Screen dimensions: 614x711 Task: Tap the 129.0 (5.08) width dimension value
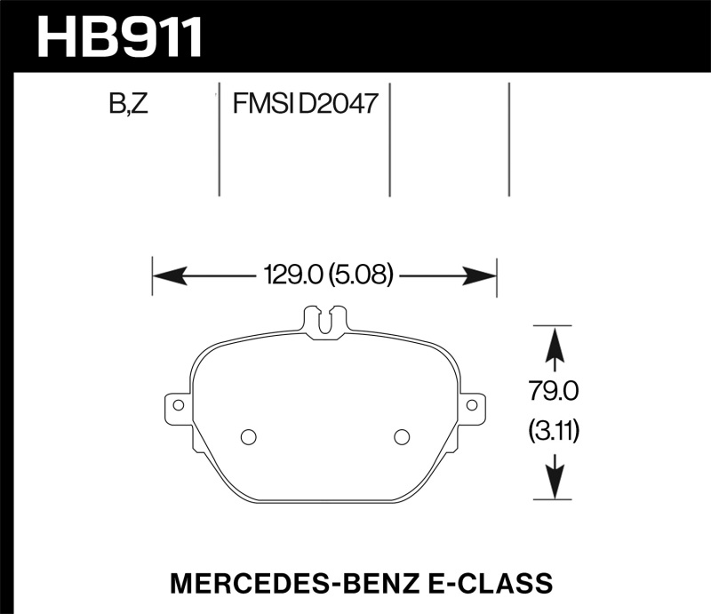(324, 275)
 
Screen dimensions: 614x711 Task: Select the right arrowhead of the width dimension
(480, 275)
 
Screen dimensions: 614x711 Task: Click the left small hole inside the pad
(249, 436)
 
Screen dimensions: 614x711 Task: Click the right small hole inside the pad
(401, 436)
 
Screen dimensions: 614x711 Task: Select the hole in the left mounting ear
(178, 405)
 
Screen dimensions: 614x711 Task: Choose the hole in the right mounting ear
(473, 405)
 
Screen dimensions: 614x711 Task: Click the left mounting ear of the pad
(177, 406)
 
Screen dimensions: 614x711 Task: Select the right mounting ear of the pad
(473, 406)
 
